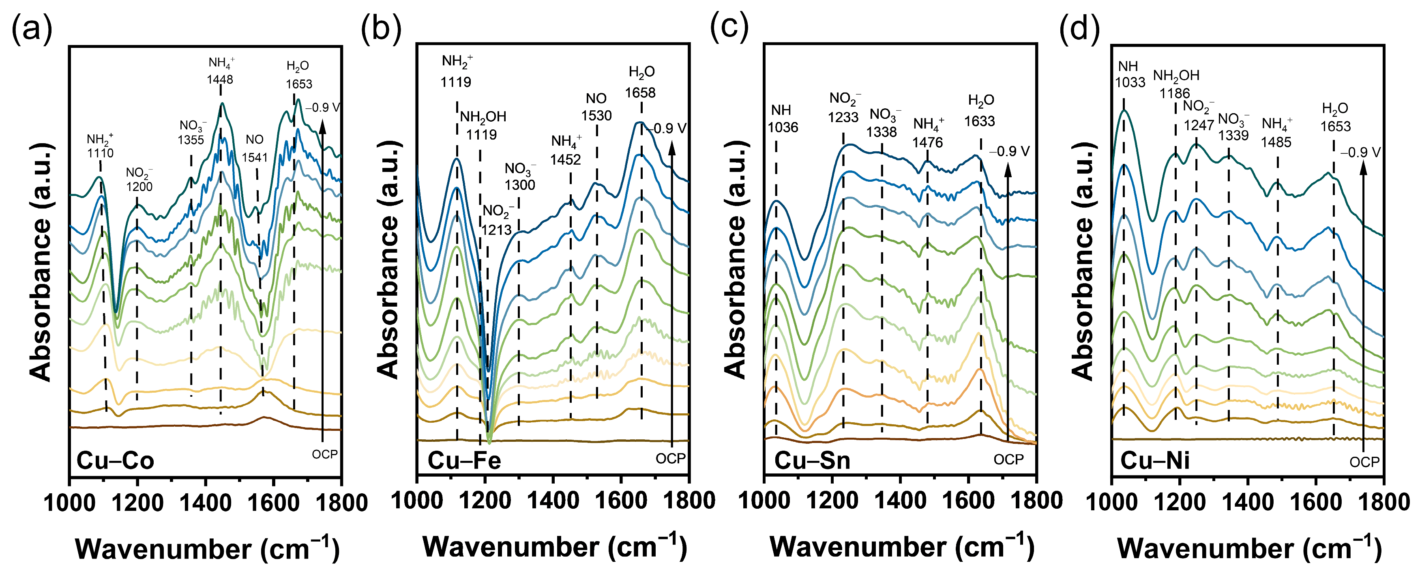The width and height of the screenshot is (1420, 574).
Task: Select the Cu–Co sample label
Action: coord(115,460)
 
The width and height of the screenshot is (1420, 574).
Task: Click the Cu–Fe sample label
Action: coord(464,460)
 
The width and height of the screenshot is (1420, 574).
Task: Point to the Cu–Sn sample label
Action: coord(812,460)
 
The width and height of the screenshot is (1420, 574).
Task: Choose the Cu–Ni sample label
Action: coord(1155,460)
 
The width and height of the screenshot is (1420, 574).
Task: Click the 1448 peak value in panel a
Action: coord(220,80)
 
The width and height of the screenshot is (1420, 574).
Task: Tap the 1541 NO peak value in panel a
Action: coord(255,158)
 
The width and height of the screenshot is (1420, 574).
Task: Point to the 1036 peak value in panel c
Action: coord(783,127)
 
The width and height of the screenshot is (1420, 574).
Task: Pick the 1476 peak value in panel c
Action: coord(927,142)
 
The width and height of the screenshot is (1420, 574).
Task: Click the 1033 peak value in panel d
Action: coord(1130,82)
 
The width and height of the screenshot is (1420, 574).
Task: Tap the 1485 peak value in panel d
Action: coord(1276,142)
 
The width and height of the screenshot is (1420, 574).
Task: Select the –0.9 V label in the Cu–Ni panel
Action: coord(1360,152)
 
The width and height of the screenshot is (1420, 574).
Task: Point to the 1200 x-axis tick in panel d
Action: coord(1180,502)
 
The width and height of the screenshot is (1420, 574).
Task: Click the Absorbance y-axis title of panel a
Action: coord(41,262)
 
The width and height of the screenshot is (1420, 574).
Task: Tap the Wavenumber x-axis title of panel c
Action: coord(902,547)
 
